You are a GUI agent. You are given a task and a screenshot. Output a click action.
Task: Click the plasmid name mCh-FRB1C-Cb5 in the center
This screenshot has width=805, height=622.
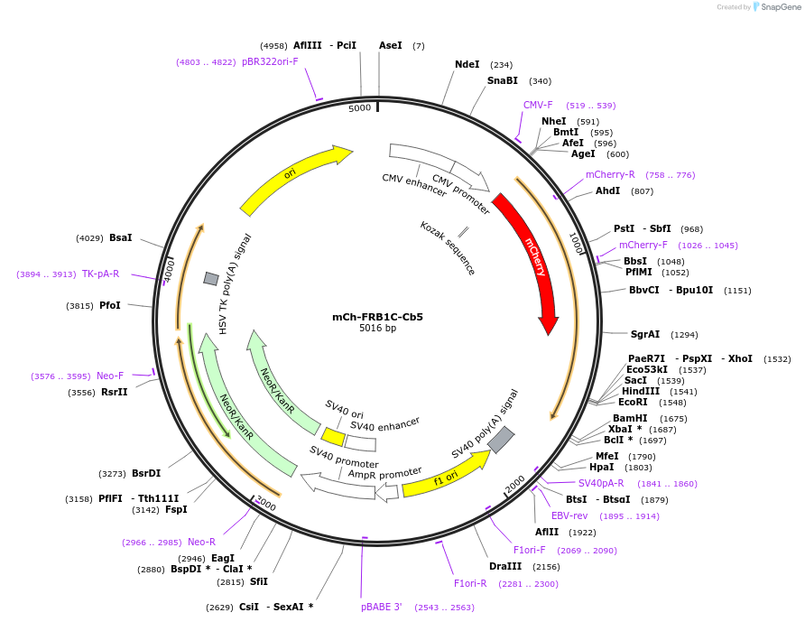(x=377, y=317)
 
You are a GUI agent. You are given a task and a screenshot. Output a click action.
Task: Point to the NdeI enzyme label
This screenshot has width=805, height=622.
(x=467, y=64)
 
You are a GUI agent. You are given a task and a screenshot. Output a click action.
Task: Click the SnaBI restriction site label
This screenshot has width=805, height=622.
(x=503, y=80)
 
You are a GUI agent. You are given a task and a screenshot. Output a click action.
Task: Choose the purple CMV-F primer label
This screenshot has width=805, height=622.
(x=538, y=105)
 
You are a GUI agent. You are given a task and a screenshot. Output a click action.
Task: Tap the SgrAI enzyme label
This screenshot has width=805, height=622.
(x=645, y=334)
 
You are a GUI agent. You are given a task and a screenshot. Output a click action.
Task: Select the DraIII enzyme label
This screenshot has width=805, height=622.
(x=505, y=566)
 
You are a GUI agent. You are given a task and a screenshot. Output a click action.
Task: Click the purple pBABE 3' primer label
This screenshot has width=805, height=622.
(x=382, y=607)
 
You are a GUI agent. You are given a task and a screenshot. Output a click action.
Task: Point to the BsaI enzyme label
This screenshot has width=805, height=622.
(x=121, y=237)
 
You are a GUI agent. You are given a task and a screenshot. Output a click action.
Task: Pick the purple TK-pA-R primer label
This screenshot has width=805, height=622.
(x=100, y=274)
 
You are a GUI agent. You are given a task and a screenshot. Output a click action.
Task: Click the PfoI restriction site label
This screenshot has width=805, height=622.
(x=110, y=305)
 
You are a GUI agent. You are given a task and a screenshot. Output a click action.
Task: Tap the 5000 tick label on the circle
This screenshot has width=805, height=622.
(x=360, y=108)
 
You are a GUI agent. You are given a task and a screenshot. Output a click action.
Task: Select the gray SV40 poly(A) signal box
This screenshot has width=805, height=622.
(x=502, y=440)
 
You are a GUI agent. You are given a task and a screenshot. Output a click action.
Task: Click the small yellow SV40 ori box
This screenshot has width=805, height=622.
(x=333, y=437)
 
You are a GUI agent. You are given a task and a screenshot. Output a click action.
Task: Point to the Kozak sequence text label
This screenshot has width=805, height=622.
(x=448, y=247)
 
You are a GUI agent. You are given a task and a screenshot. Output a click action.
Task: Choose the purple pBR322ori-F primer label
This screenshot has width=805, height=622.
(x=270, y=61)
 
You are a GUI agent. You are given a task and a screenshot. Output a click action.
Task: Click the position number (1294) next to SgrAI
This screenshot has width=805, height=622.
(x=684, y=334)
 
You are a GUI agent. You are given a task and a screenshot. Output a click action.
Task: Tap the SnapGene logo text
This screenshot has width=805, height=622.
(x=782, y=7)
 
